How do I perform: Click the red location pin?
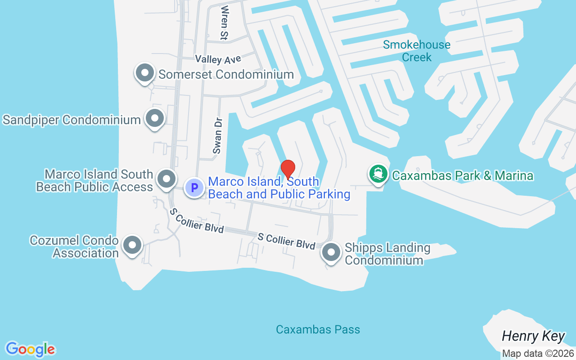coord(288,169)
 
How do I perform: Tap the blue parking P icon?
coord(194,187)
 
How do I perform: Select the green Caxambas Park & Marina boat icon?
coord(378,174)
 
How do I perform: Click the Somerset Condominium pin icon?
coord(145,73)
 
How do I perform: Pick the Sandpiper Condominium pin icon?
coord(155,119)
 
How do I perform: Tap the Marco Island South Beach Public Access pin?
coord(166,179)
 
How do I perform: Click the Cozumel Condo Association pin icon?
coord(132,246)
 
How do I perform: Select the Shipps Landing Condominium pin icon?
coord(332,252)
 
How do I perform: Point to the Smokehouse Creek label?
coord(416,51)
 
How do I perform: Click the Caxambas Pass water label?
coord(318,329)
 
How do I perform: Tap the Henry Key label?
coord(533,336)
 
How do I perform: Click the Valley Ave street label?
coord(218,59)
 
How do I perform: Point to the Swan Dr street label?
coord(218,136)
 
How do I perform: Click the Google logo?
coord(30,349)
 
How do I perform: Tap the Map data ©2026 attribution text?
coord(538,353)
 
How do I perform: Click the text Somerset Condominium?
coord(226,74)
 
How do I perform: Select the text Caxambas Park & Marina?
coord(463,175)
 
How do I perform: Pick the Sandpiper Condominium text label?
coord(72,120)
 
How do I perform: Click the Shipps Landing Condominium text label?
coord(387,254)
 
